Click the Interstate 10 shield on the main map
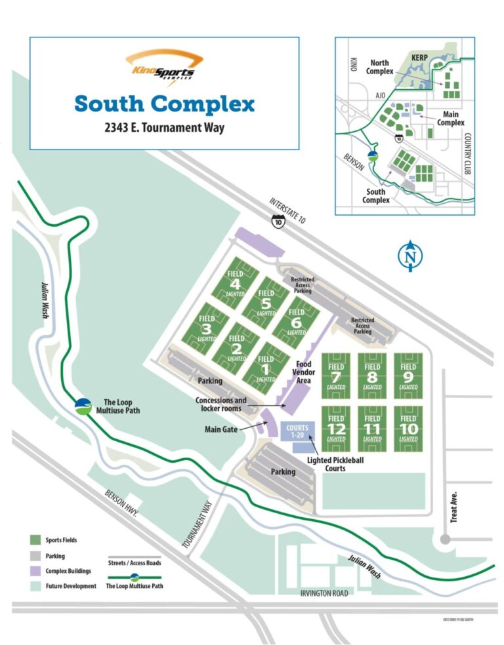(279, 222)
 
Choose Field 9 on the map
(408, 376)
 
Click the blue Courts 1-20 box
(297, 431)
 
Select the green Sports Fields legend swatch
(36, 540)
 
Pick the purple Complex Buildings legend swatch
(36, 571)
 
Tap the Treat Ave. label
(453, 507)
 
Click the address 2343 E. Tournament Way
(164, 128)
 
